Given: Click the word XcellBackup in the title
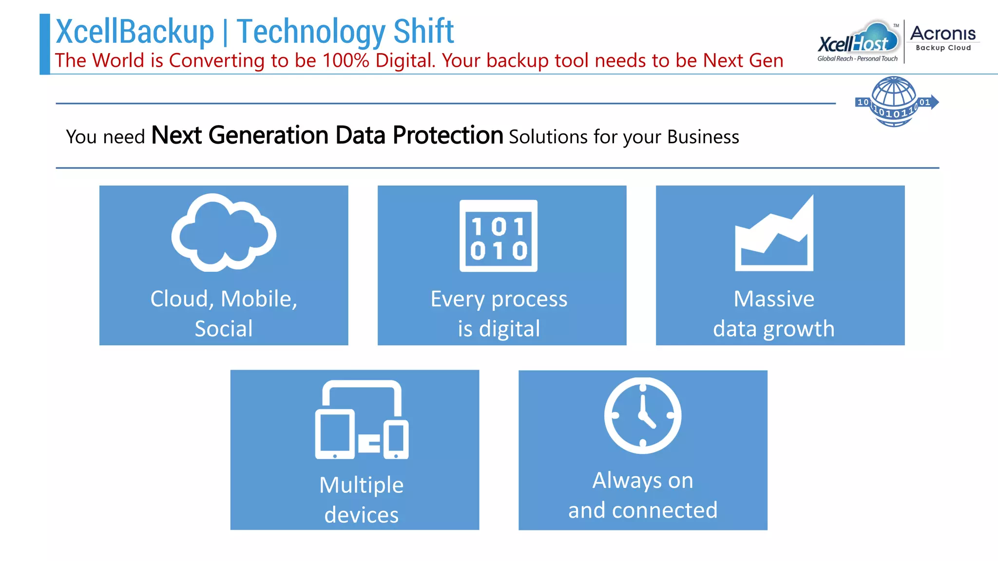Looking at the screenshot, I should coord(135,32).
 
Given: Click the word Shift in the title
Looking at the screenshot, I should coord(423,32).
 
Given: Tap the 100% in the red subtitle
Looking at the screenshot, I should coord(345,61).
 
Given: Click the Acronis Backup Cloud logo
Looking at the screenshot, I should coord(943,38).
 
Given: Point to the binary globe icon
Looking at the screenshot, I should coord(895,102).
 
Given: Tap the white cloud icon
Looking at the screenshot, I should coord(224,233).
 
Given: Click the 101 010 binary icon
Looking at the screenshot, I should coord(499,236).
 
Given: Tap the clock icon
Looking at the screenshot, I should coord(643,415).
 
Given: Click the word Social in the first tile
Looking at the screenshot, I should coord(224,329).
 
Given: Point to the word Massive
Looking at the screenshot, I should coord(774,299).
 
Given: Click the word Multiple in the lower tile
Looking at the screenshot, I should coord(361,485).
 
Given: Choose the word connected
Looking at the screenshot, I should coord(665,510).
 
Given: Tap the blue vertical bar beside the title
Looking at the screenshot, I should coord(45,44).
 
